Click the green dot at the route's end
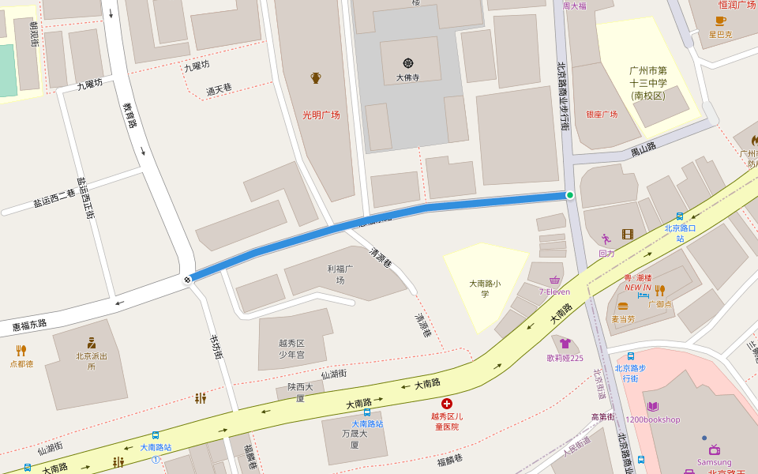point(570,194)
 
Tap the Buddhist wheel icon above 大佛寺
point(407,63)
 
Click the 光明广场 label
point(321,115)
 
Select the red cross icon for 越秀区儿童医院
point(447,403)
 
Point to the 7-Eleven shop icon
point(554,280)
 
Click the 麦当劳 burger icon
point(623,307)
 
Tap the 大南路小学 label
point(486,288)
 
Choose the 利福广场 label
point(340,274)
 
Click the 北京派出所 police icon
point(92,342)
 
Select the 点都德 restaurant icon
point(21,350)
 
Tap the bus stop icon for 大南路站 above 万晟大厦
point(367,412)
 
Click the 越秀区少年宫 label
point(291,348)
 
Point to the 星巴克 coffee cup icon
point(720,21)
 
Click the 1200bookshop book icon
point(652,406)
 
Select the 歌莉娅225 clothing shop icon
point(565,344)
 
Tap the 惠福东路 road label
point(29,324)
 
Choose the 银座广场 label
point(601,115)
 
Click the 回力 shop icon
point(606,239)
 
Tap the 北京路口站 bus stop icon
point(680,216)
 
